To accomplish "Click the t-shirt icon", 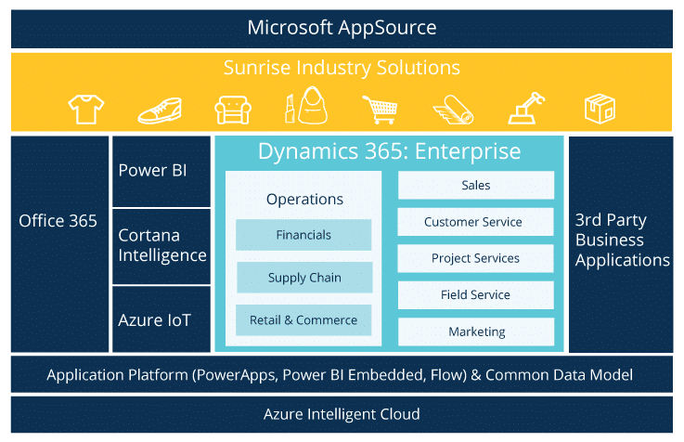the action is (x=86, y=109).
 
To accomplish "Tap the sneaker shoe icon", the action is (x=160, y=110).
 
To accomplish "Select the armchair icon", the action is (x=233, y=110).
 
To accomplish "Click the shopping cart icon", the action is (x=381, y=110).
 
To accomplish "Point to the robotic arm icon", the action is (x=526, y=109).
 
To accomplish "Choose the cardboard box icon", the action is (x=600, y=109).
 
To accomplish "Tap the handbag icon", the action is (x=312, y=106).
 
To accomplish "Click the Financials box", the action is (x=303, y=235).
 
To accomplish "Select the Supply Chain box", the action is (x=304, y=278).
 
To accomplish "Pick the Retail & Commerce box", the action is (x=303, y=320).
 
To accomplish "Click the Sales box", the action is (x=476, y=185).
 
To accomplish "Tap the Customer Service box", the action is (x=475, y=222).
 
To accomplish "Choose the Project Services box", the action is (x=475, y=258).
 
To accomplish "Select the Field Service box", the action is (x=476, y=295).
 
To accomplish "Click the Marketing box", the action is (x=476, y=331).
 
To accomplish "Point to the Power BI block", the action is (x=161, y=171).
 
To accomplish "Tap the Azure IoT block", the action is (x=161, y=319).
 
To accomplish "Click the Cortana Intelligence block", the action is (x=161, y=246).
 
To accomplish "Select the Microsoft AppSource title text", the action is (x=342, y=28).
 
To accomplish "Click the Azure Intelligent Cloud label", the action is (x=342, y=414).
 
